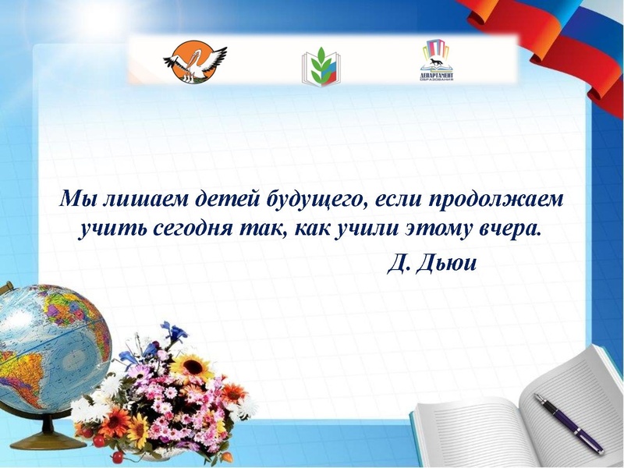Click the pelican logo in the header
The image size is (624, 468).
click(x=195, y=62)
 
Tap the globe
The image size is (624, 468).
click(x=47, y=343)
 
